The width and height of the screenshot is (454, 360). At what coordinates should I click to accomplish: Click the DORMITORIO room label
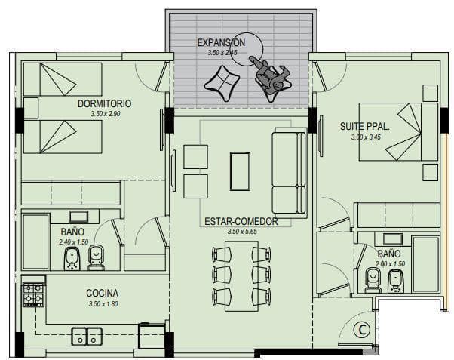(x=104, y=103)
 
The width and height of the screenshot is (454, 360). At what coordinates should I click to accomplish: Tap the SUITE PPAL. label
(x=364, y=127)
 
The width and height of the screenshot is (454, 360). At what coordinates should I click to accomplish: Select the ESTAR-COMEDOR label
(x=241, y=222)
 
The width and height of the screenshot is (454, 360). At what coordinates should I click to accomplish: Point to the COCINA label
(x=103, y=293)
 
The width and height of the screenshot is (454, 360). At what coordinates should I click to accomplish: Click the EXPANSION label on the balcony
(x=221, y=43)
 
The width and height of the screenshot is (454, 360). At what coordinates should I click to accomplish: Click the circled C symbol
(x=362, y=330)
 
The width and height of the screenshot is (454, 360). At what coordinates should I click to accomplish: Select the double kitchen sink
(x=87, y=337)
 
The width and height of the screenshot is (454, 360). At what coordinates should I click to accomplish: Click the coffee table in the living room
(x=240, y=171)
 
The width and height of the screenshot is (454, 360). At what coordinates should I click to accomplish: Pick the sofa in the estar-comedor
(x=290, y=173)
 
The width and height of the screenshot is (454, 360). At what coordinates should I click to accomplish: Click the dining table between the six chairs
(x=241, y=276)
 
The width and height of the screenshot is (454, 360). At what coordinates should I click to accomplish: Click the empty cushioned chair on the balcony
(x=222, y=82)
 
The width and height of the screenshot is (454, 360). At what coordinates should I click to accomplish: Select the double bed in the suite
(x=398, y=131)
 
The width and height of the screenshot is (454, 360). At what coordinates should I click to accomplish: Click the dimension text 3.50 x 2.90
(x=106, y=114)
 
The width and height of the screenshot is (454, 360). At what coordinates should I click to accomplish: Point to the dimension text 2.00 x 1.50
(x=391, y=264)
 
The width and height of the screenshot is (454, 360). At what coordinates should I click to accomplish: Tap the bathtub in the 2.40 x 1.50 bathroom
(x=36, y=242)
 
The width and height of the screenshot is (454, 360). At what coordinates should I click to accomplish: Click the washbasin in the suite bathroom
(x=393, y=239)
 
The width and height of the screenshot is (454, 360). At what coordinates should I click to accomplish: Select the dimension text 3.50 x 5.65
(x=242, y=232)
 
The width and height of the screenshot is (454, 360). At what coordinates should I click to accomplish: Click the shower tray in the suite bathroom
(x=425, y=264)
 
